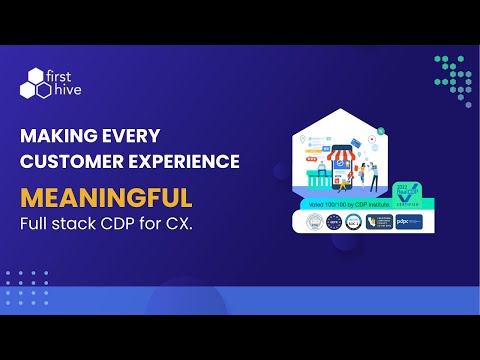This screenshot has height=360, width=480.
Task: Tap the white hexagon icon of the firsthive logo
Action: pyautogui.click(x=34, y=83)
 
